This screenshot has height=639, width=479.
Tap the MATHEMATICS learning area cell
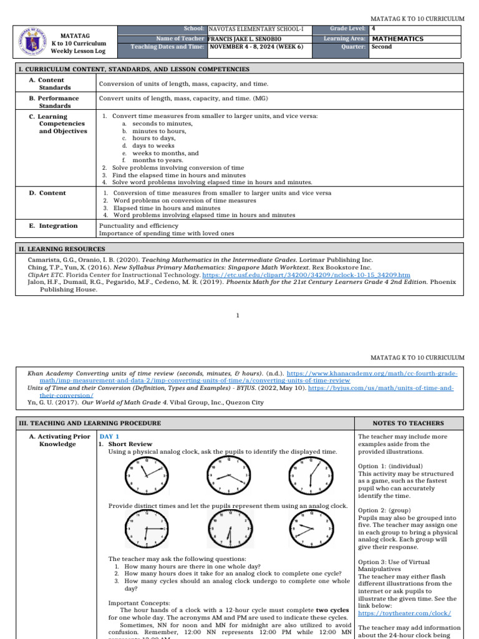pyautogui.click(x=397, y=39)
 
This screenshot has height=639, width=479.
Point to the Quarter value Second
pyautogui.click(x=381, y=47)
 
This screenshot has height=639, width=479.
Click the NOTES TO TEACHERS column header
pyautogui.click(x=409, y=423)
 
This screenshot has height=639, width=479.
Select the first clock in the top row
pyautogui.click(x=147, y=477)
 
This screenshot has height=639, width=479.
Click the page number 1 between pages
pyautogui.click(x=238, y=316)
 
